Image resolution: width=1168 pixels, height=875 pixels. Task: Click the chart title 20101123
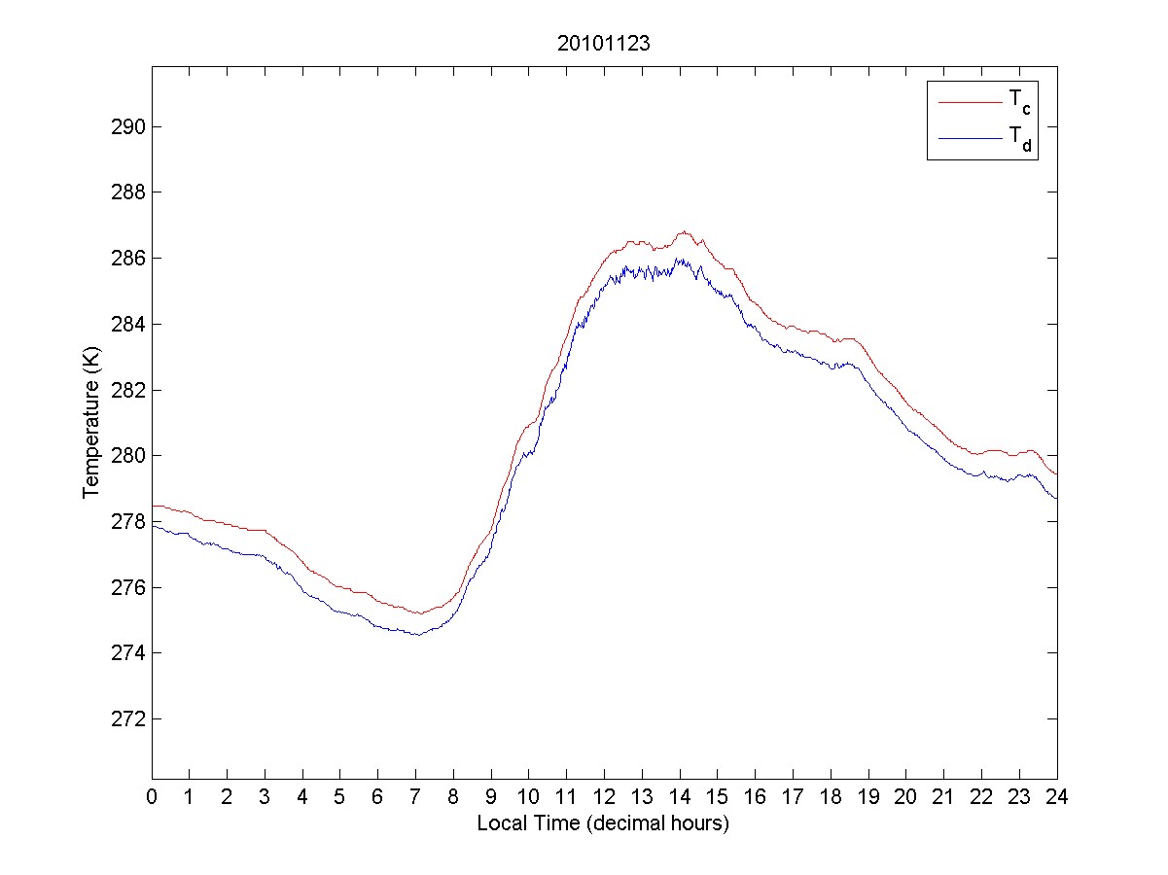pyautogui.click(x=603, y=44)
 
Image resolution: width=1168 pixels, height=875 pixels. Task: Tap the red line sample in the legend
pyautogui.click(x=970, y=101)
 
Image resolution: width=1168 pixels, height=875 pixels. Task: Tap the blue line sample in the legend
pyautogui.click(x=970, y=139)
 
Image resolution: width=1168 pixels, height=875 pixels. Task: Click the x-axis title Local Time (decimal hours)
pyautogui.click(x=603, y=823)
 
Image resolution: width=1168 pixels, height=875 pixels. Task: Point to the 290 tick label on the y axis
pyautogui.click(x=127, y=127)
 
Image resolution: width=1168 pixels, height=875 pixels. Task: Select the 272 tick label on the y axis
pyautogui.click(x=127, y=719)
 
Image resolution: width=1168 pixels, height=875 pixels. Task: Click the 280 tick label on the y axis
pyautogui.click(x=127, y=456)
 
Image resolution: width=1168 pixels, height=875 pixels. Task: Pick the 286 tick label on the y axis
pyautogui.click(x=127, y=259)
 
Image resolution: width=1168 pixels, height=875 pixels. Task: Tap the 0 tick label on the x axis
pyautogui.click(x=152, y=796)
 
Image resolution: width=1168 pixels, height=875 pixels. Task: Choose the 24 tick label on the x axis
pyautogui.click(x=1057, y=796)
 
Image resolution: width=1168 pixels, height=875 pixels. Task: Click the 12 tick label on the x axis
pyautogui.click(x=604, y=796)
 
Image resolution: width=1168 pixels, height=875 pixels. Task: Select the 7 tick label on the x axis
pyautogui.click(x=415, y=796)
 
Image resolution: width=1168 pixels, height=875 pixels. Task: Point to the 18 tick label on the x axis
pyautogui.click(x=831, y=796)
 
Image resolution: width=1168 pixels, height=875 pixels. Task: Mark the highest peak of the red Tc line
pyautogui.click(x=685, y=231)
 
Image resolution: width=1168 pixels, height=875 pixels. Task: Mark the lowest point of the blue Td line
pyautogui.click(x=416, y=635)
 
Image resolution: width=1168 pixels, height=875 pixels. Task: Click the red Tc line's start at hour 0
pyautogui.click(x=153, y=506)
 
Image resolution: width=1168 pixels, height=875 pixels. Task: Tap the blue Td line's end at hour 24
pyautogui.click(x=1056, y=499)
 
